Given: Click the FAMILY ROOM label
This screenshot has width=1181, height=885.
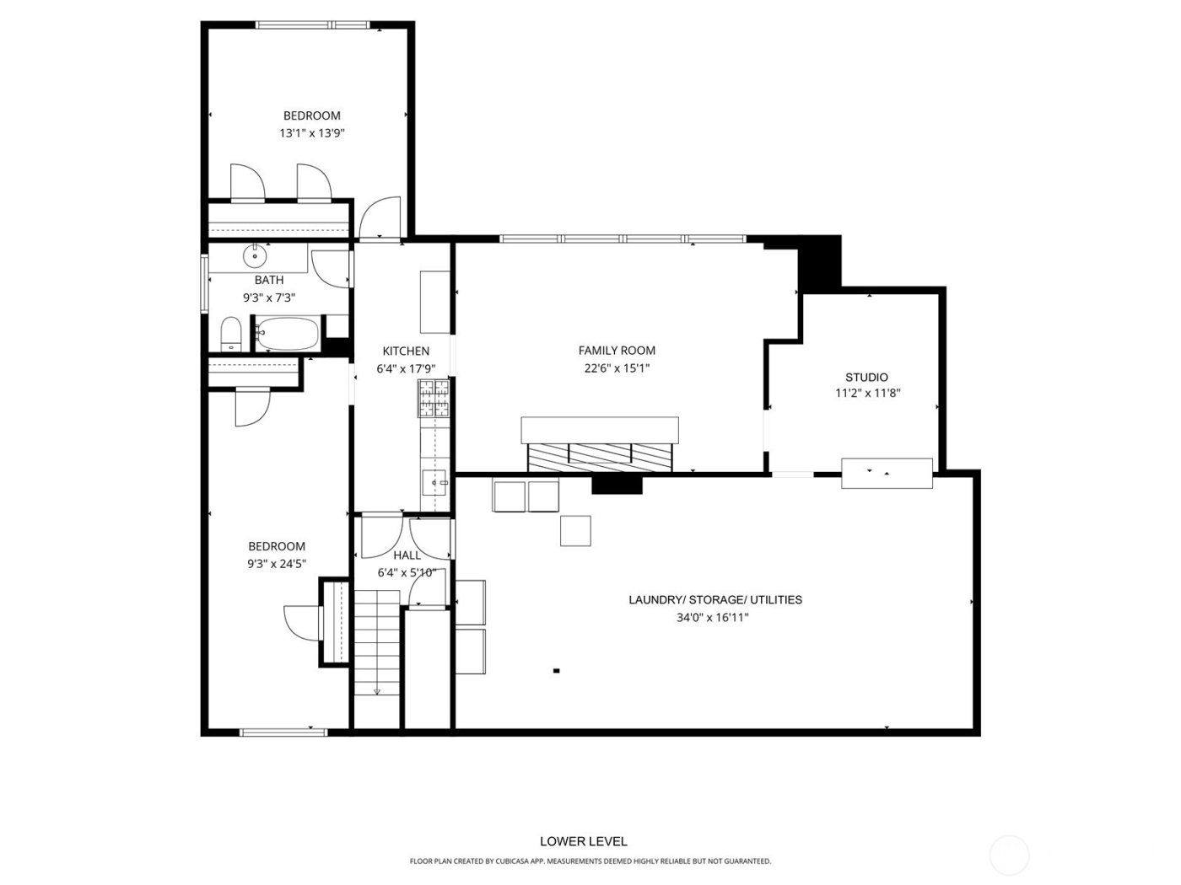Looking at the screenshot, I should pyautogui.click(x=617, y=351).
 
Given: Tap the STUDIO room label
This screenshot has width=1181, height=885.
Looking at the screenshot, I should pyautogui.click(x=866, y=378).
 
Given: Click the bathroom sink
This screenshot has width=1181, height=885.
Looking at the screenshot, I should pyautogui.click(x=255, y=254).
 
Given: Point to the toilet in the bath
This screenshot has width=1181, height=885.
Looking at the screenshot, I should pyautogui.click(x=230, y=335).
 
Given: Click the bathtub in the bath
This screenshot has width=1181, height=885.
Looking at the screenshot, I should pyautogui.click(x=287, y=334).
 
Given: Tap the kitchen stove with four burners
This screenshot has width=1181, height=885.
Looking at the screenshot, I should pyautogui.click(x=434, y=399).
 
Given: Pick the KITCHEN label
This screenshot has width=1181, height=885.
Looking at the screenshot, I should pyautogui.click(x=406, y=351).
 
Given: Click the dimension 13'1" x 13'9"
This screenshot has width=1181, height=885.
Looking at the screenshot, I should pyautogui.click(x=312, y=133).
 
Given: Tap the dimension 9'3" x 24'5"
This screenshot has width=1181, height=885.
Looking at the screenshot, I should pyautogui.click(x=277, y=564).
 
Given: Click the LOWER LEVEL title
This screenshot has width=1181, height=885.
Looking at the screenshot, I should pyautogui.click(x=583, y=841).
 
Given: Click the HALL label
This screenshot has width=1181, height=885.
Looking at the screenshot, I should pyautogui.click(x=407, y=555).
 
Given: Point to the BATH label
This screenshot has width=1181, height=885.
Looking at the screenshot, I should pyautogui.click(x=269, y=280).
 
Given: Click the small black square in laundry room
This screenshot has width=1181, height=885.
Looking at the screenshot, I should pyautogui.click(x=556, y=671).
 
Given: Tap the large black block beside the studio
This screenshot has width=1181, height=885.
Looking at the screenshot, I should pyautogui.click(x=820, y=264).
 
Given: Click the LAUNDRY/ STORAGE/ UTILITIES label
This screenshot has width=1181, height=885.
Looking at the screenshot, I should pyautogui.click(x=715, y=600).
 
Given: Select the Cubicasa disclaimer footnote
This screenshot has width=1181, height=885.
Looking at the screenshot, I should pyautogui.click(x=590, y=861).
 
